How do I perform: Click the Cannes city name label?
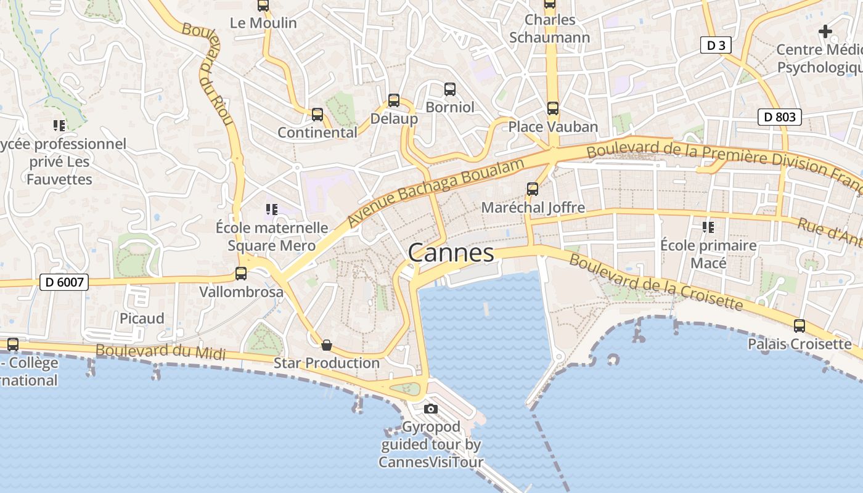pyautogui.click(x=451, y=253)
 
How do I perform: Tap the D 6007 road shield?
pyautogui.click(x=64, y=282)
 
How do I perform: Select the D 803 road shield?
pyautogui.click(x=779, y=116)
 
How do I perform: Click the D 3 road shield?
pyautogui.click(x=716, y=45)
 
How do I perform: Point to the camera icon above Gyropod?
pyautogui.click(x=431, y=409)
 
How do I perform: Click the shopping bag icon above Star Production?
pyautogui.click(x=327, y=345)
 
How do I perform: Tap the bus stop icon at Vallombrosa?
pyautogui.click(x=241, y=274)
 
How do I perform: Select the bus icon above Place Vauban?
pyautogui.click(x=552, y=108)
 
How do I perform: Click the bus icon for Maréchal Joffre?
pyautogui.click(x=533, y=189)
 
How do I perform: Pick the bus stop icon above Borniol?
pyautogui.click(x=450, y=89)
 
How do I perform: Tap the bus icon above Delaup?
pyautogui.click(x=394, y=100)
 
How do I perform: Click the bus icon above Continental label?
pyautogui.click(x=317, y=115)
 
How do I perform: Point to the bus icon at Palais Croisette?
pyautogui.click(x=800, y=326)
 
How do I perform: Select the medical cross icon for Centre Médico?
pyautogui.click(x=825, y=31)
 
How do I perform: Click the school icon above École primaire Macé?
pyautogui.click(x=708, y=227)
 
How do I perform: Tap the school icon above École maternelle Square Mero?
pyautogui.click(x=271, y=210)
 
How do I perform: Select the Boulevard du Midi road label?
pyautogui.click(x=160, y=352)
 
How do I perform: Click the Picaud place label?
pyautogui.click(x=142, y=318)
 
